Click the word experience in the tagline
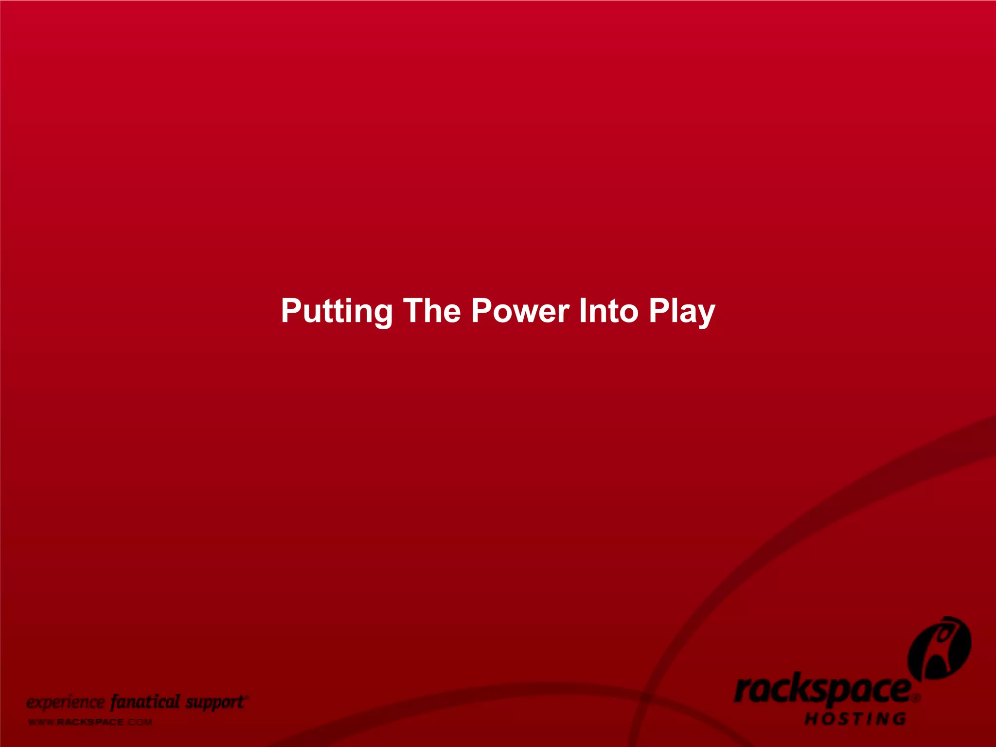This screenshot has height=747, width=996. [x=65, y=703]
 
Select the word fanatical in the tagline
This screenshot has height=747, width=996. [x=145, y=702]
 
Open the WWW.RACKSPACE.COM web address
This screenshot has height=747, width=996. [x=90, y=722]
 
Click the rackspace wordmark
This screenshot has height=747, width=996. [x=822, y=691]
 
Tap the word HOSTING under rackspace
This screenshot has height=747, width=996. [x=855, y=719]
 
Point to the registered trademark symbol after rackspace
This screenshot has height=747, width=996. [x=916, y=698]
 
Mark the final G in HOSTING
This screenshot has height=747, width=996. [x=899, y=719]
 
